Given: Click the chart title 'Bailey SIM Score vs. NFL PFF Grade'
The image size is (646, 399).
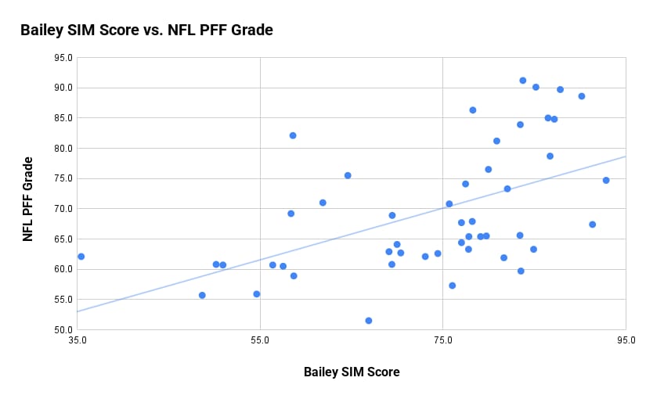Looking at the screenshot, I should [x=146, y=31].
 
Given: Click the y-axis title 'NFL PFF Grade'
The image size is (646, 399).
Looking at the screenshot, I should [x=28, y=199].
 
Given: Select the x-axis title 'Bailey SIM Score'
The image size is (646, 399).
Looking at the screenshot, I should [x=352, y=372].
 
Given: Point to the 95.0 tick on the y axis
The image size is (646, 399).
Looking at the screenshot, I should [x=63, y=58].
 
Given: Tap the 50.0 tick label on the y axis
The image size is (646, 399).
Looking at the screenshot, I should [x=63, y=330].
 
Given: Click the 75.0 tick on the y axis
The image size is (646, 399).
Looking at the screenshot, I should [x=63, y=178].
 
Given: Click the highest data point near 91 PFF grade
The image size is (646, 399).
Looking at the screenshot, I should [x=523, y=81].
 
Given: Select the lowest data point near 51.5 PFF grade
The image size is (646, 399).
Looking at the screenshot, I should [x=369, y=321].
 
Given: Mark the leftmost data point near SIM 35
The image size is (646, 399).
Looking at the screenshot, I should [x=81, y=257].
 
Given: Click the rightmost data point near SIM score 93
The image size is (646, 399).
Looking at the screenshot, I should [x=606, y=180].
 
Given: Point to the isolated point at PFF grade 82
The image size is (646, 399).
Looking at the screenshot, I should [x=293, y=135].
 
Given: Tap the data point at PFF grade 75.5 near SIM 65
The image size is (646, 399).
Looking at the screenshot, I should [x=348, y=175].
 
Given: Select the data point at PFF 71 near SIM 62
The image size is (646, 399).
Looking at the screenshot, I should [x=323, y=203].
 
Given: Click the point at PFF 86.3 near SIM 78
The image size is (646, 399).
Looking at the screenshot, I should [x=473, y=110].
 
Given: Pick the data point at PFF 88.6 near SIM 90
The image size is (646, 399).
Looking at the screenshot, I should [x=582, y=96].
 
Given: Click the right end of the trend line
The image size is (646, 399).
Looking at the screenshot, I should [x=626, y=156].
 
